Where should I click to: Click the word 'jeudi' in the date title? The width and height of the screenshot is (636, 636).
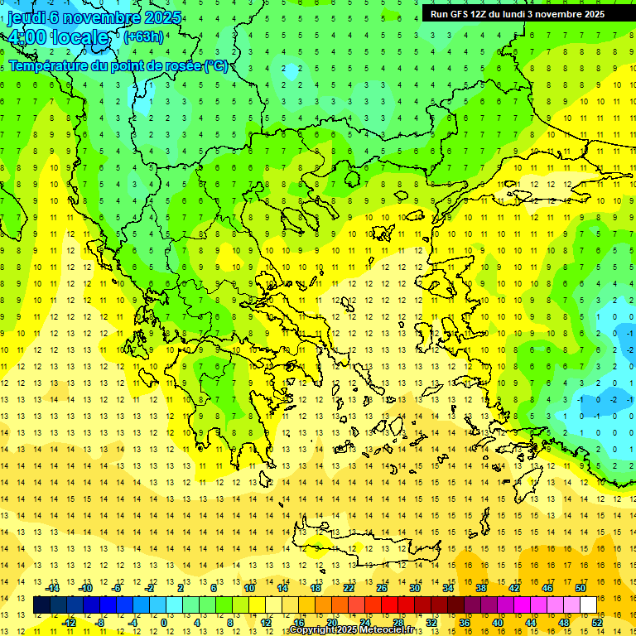click(x=26, y=18)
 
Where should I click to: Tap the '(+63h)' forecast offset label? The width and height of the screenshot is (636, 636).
click(x=143, y=36)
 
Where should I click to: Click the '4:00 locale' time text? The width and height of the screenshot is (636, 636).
click(x=58, y=37)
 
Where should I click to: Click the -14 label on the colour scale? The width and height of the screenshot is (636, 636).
click(x=53, y=588)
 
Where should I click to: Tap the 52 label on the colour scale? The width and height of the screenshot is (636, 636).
click(x=597, y=623)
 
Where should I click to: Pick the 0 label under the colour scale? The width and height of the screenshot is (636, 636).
click(x=164, y=623)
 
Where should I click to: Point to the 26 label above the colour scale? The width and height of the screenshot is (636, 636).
click(x=382, y=588)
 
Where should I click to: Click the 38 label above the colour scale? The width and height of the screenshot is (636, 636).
click(x=480, y=588)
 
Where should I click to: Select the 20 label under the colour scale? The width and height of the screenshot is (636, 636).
click(x=332, y=623)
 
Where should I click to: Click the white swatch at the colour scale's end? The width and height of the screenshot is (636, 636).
click(x=589, y=605)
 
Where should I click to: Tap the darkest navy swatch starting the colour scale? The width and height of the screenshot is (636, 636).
click(x=42, y=605)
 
